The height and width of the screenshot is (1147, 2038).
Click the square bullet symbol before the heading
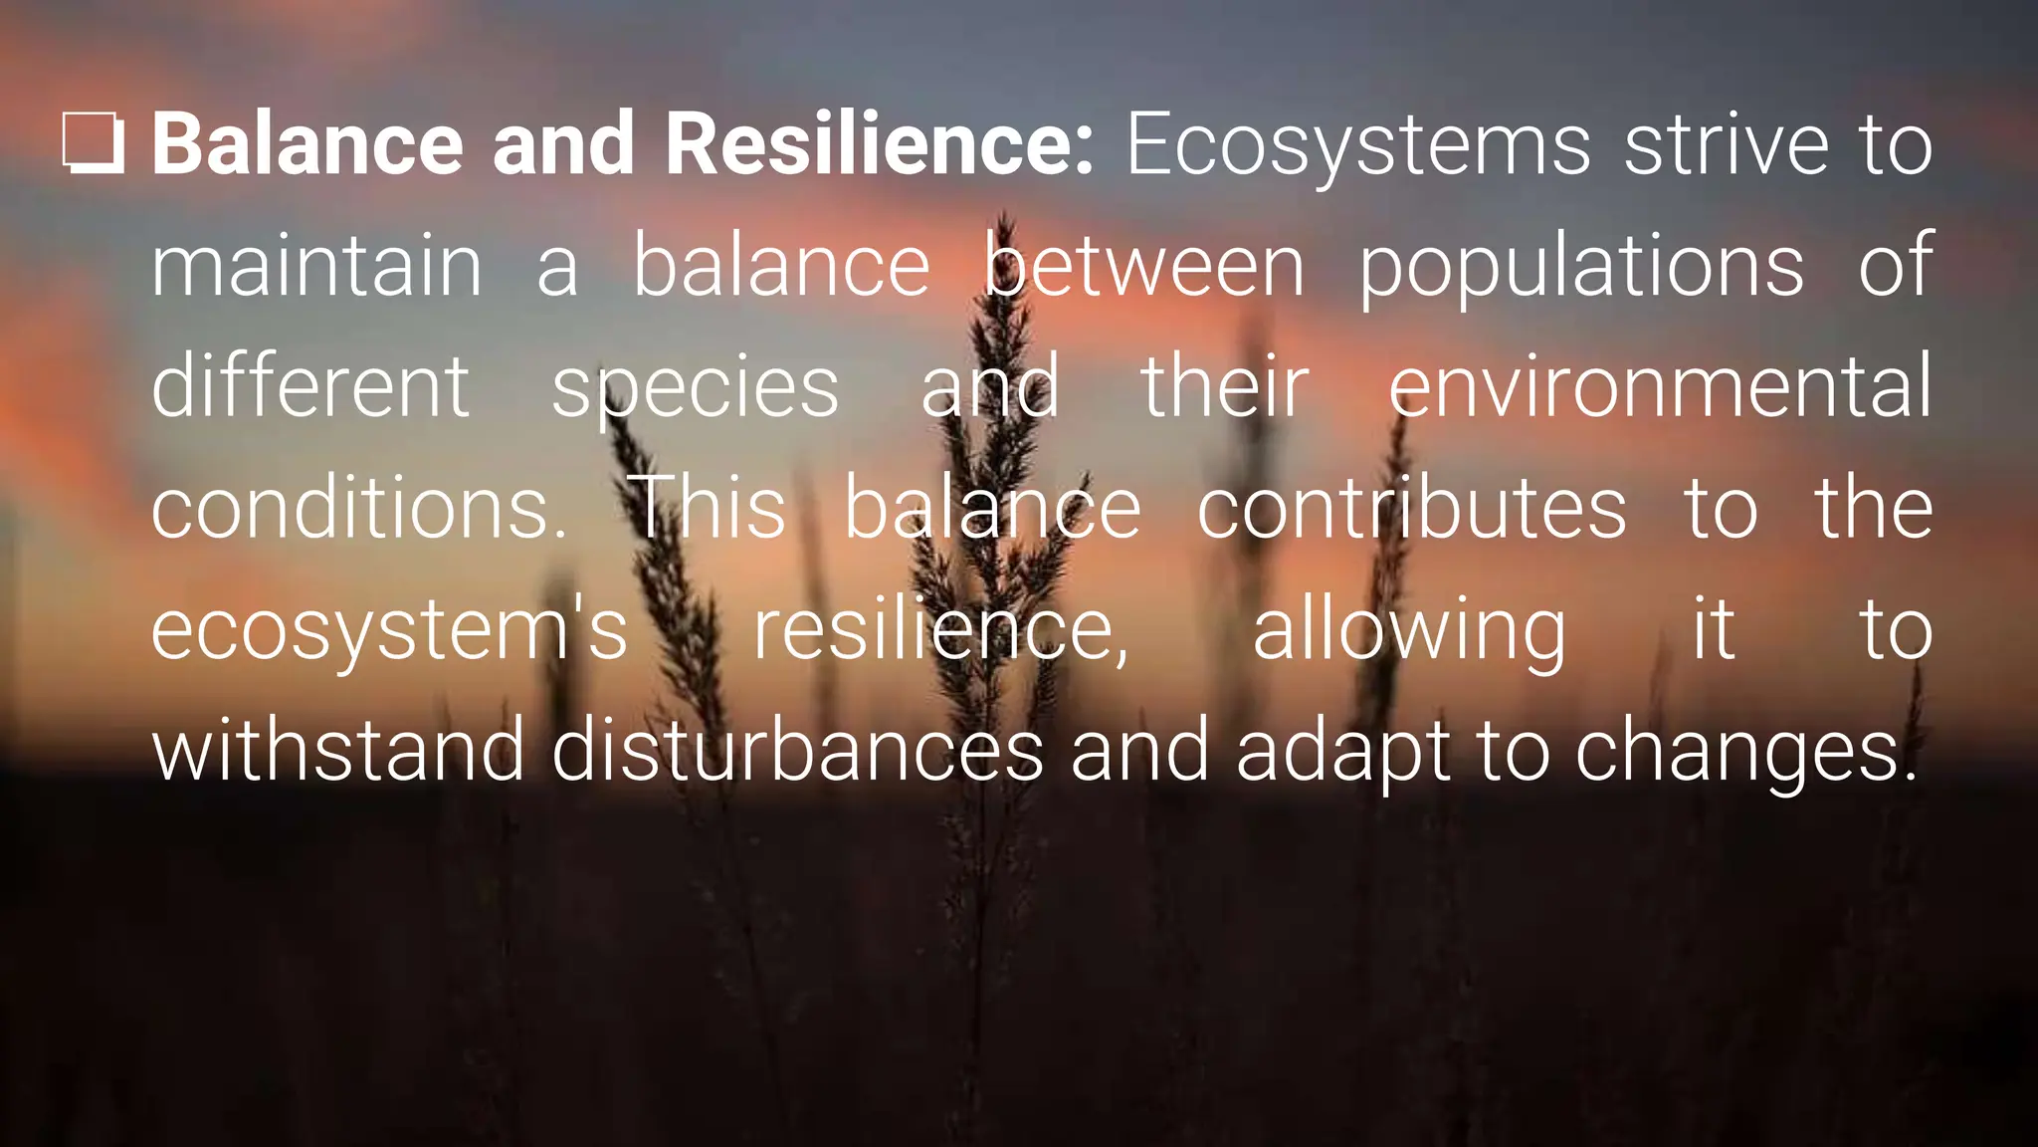[x=94, y=144]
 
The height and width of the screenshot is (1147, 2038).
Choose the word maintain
[x=316, y=266]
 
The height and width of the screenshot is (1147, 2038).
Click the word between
[x=1144, y=266]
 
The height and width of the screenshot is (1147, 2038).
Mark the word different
[x=309, y=386]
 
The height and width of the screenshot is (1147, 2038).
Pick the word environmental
[x=1660, y=386]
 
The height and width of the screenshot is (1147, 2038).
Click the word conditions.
[x=358, y=508]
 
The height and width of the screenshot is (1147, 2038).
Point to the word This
[x=708, y=508]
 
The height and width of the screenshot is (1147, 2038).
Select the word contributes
[x=1411, y=508]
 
